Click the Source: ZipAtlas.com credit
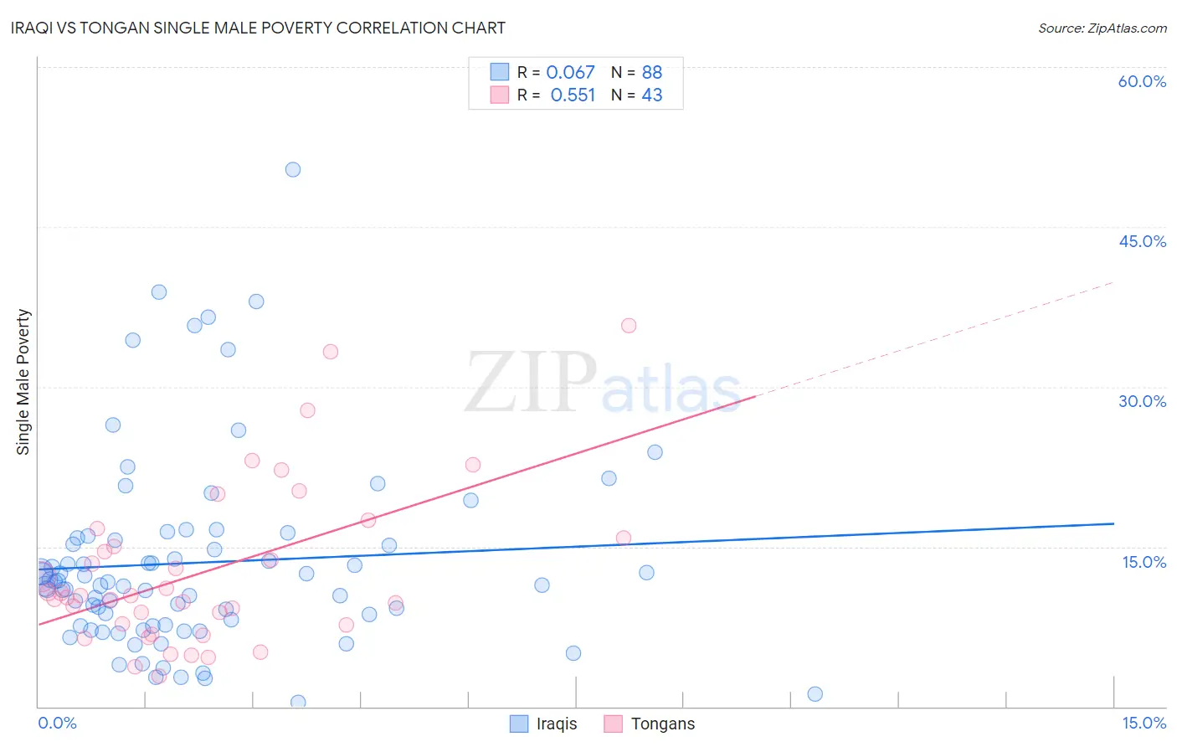pyautogui.click(x=1102, y=28)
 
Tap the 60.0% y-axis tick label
pyautogui.click(x=1142, y=81)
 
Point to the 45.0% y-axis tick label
pyautogui.click(x=1142, y=241)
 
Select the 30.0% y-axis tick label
pyautogui.click(x=1142, y=401)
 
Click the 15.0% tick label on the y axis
pyautogui.click(x=1144, y=562)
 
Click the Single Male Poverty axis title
pyautogui.click(x=23, y=382)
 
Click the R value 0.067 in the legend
pyautogui.click(x=570, y=73)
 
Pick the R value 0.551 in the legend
pyautogui.click(x=573, y=95)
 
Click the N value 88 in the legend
pyautogui.click(x=651, y=73)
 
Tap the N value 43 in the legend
pyautogui.click(x=651, y=95)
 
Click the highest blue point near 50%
pyautogui.click(x=293, y=169)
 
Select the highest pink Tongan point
pyautogui.click(x=629, y=325)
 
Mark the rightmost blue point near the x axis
pyautogui.click(x=815, y=693)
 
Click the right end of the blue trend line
pyautogui.click(x=1113, y=523)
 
